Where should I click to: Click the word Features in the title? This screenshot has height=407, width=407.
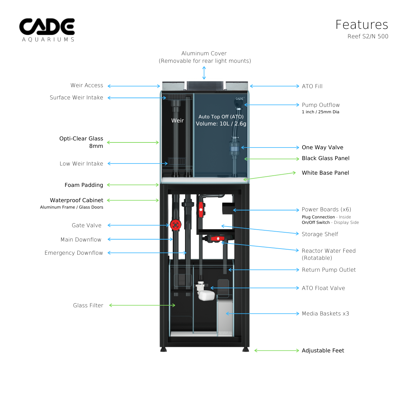[362, 25]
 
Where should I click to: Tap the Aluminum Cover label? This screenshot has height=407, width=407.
[204, 54]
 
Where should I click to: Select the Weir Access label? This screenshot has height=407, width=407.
[86, 85]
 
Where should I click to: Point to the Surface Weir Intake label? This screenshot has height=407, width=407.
[76, 98]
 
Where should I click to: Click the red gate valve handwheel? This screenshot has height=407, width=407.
[175, 225]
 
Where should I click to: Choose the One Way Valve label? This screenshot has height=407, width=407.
[322, 148]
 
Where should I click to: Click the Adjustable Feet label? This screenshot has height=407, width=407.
[323, 351]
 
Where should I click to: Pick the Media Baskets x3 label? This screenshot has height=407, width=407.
[325, 314]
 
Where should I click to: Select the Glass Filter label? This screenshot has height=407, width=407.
[88, 306]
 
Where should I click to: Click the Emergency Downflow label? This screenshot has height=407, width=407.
[74, 253]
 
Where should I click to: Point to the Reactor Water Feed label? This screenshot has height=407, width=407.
[328, 251]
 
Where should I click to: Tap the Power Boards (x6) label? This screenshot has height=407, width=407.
[326, 210]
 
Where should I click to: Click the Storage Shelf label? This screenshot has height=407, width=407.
[319, 234]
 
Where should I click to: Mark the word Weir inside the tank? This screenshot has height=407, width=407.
[177, 121]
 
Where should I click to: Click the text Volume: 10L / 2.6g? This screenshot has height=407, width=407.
[221, 124]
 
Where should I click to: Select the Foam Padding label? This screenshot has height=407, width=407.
[84, 185]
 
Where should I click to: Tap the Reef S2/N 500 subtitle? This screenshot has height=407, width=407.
[368, 37]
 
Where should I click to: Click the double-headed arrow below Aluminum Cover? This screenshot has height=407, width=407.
[204, 73]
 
